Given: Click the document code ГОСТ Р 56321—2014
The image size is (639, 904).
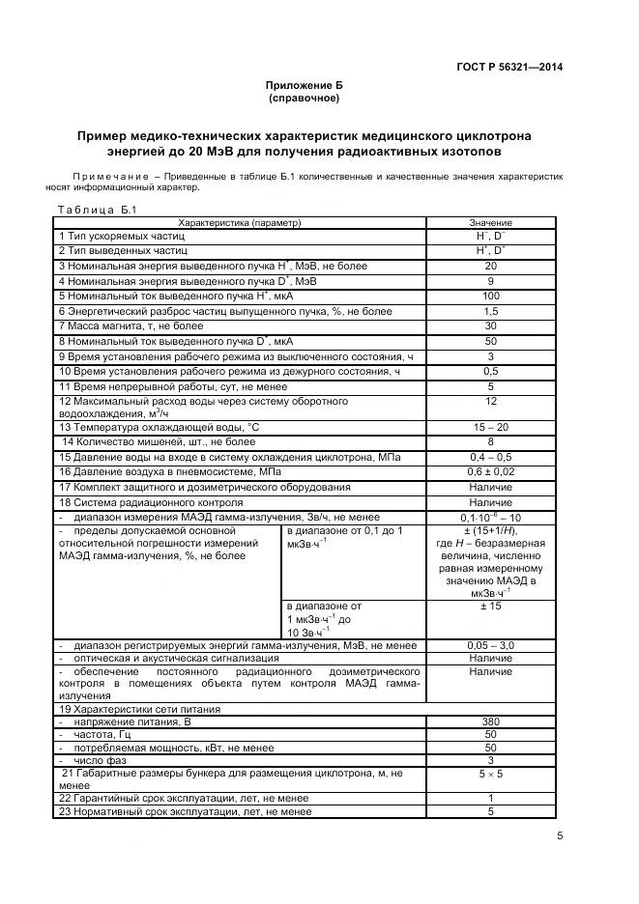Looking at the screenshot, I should (509, 67).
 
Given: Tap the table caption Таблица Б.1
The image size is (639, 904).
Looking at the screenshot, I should (98, 209).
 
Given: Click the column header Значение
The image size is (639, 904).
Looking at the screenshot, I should (490, 222).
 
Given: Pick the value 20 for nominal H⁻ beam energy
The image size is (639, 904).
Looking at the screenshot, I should (490, 266).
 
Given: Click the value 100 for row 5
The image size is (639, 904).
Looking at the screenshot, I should (490, 296).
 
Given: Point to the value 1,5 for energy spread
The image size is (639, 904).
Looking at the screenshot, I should (490, 311).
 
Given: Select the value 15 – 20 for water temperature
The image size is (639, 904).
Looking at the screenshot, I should (490, 426).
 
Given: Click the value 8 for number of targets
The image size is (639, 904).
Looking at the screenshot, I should (490, 441).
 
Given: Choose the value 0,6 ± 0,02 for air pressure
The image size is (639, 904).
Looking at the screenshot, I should (490, 471).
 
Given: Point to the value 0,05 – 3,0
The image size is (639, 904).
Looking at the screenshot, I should (490, 645).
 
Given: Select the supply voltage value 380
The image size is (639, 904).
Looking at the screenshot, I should (490, 721).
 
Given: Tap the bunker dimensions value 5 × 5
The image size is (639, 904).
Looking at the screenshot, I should (490, 774).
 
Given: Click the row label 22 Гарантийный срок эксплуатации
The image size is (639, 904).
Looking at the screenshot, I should (184, 798).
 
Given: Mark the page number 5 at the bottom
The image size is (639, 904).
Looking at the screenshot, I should (560, 836).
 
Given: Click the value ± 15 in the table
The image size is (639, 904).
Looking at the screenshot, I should (490, 607).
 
